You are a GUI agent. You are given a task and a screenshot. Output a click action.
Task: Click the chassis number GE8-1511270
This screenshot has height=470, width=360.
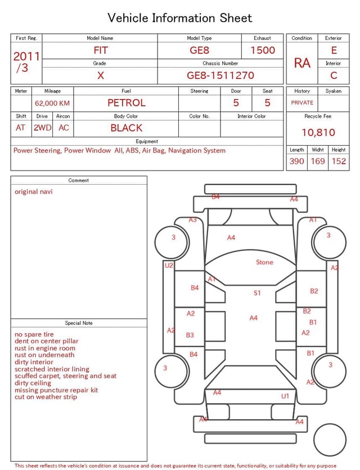click(x=220, y=75)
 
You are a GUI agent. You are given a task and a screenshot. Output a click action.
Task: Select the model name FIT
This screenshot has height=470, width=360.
click(x=101, y=50)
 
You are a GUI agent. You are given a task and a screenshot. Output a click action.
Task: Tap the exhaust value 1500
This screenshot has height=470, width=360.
click(x=263, y=50)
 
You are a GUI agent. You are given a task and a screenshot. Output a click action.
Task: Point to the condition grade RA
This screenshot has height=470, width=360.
click(x=302, y=63)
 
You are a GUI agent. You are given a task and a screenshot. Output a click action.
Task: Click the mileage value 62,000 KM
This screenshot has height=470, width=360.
click(x=52, y=103)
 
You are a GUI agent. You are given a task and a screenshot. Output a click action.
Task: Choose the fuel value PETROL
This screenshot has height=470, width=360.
click(x=127, y=103)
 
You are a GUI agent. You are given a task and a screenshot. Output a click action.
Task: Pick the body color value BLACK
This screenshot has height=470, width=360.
click(x=127, y=128)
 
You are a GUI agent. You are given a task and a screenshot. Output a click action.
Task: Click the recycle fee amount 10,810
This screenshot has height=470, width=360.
click(x=318, y=132)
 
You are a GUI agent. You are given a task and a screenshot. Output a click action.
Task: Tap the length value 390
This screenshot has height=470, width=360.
click(x=297, y=161)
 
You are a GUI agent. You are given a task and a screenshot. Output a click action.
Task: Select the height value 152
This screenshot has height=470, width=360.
click(x=339, y=161)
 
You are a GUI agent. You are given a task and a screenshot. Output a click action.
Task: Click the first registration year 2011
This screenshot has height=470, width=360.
click(x=26, y=56)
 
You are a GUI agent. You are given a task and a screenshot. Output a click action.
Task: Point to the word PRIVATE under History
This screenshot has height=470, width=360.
click(x=302, y=102)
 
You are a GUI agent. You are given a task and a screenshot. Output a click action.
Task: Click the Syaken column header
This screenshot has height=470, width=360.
click(x=334, y=91)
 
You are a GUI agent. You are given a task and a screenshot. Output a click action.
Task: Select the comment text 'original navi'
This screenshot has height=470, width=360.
click(x=34, y=191)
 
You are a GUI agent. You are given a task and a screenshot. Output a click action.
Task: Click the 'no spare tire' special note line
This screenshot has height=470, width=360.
click(x=34, y=334)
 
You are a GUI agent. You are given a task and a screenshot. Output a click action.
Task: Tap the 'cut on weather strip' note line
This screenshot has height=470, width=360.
click(x=46, y=397)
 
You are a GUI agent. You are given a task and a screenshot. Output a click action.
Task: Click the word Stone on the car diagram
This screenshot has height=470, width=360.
click(x=264, y=262)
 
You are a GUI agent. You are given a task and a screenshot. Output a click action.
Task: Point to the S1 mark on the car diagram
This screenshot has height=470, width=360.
click(x=257, y=293)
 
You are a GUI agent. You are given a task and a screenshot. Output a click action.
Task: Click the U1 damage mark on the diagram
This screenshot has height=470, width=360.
click(x=285, y=396)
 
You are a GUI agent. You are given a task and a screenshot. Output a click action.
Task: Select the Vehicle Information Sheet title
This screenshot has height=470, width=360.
click(x=179, y=18)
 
